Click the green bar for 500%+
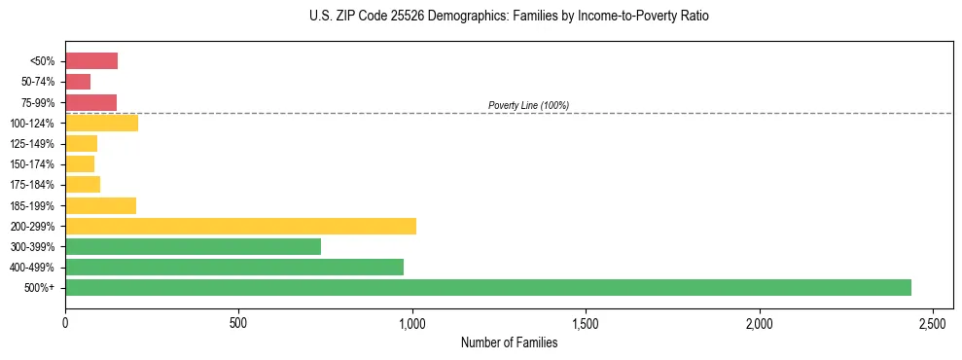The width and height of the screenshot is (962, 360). click(x=487, y=287)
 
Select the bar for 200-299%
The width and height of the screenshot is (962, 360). click(x=240, y=226)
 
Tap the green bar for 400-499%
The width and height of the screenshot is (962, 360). click(x=233, y=267)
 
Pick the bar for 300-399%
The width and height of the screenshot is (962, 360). click(x=193, y=246)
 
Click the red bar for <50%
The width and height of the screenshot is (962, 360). click(x=91, y=61)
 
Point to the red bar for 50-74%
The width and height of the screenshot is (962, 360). click(x=78, y=82)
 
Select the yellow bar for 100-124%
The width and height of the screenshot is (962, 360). click(x=101, y=123)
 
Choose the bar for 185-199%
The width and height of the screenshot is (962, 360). click(x=100, y=205)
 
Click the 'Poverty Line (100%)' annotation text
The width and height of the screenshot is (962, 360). click(x=528, y=105)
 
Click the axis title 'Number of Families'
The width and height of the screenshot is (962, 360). click(x=509, y=342)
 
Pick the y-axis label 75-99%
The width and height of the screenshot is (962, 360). click(x=38, y=103)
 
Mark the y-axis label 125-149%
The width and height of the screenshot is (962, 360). click(x=34, y=144)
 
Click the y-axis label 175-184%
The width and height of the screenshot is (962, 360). click(x=34, y=185)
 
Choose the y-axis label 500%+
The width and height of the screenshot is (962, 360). click(x=40, y=288)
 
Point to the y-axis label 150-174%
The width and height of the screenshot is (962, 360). click(x=34, y=164)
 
